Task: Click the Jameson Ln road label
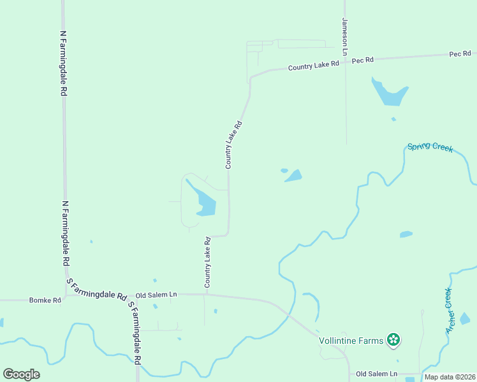[x=344, y=37]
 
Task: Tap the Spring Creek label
[x=430, y=147]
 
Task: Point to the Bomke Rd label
[x=45, y=300]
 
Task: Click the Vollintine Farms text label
[x=351, y=341]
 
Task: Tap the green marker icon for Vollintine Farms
[x=394, y=340]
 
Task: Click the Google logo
[x=21, y=374]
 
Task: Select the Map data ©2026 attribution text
[x=450, y=377]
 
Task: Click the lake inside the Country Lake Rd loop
[x=206, y=204]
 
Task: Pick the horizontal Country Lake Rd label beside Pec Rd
[x=313, y=66]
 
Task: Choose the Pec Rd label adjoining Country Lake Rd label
[x=362, y=60]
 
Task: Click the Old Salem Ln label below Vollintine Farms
[x=376, y=374]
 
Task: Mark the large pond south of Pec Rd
[x=389, y=94]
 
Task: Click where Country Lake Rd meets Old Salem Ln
[x=206, y=294]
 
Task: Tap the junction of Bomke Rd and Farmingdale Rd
[x=66, y=297]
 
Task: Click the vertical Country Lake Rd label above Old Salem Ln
[x=207, y=262]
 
